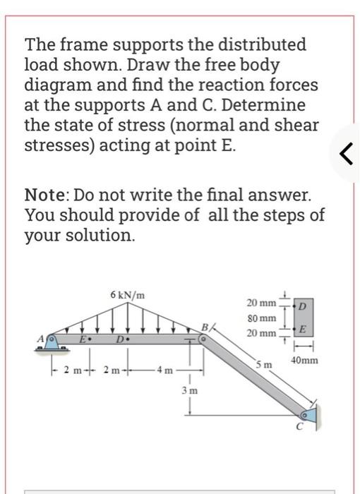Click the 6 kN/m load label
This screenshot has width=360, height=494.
(x=128, y=294)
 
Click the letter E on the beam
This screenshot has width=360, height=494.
(x=83, y=339)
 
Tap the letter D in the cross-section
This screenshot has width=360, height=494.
(x=304, y=305)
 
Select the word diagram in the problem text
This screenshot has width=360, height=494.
(x=58, y=85)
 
